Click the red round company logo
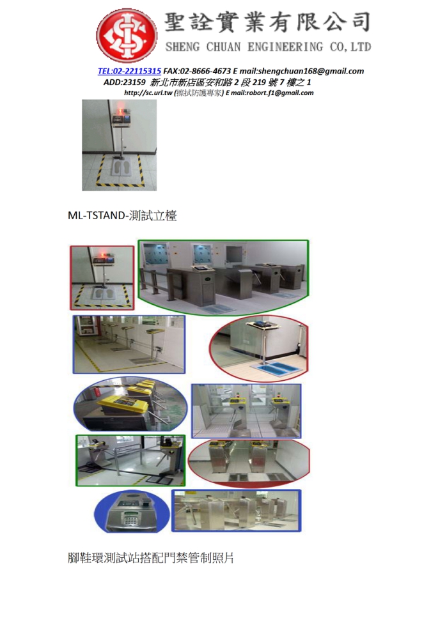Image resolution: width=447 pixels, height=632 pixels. (x=126, y=36)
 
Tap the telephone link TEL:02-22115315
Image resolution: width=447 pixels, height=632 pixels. (x=129, y=72)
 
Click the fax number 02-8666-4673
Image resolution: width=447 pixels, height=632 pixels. (x=205, y=72)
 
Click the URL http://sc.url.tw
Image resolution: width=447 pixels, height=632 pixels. (x=148, y=93)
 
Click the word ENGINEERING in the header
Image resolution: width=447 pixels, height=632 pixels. (x=285, y=47)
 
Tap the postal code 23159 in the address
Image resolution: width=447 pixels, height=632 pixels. (x=134, y=82)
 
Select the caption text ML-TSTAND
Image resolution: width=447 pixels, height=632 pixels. (x=97, y=215)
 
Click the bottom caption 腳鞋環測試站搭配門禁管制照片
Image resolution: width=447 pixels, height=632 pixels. (x=151, y=558)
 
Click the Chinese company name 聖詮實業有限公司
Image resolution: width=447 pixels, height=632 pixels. (x=267, y=22)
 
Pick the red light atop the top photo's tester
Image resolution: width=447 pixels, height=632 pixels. (x=120, y=107)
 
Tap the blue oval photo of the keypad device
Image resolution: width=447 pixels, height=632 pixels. (x=132, y=511)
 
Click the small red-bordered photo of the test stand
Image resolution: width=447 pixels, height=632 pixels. (x=102, y=278)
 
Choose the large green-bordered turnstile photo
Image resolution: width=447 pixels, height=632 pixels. (x=224, y=277)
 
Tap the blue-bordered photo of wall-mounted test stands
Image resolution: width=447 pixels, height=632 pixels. (x=129, y=344)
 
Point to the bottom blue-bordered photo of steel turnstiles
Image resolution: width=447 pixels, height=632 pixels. (x=237, y=511)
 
